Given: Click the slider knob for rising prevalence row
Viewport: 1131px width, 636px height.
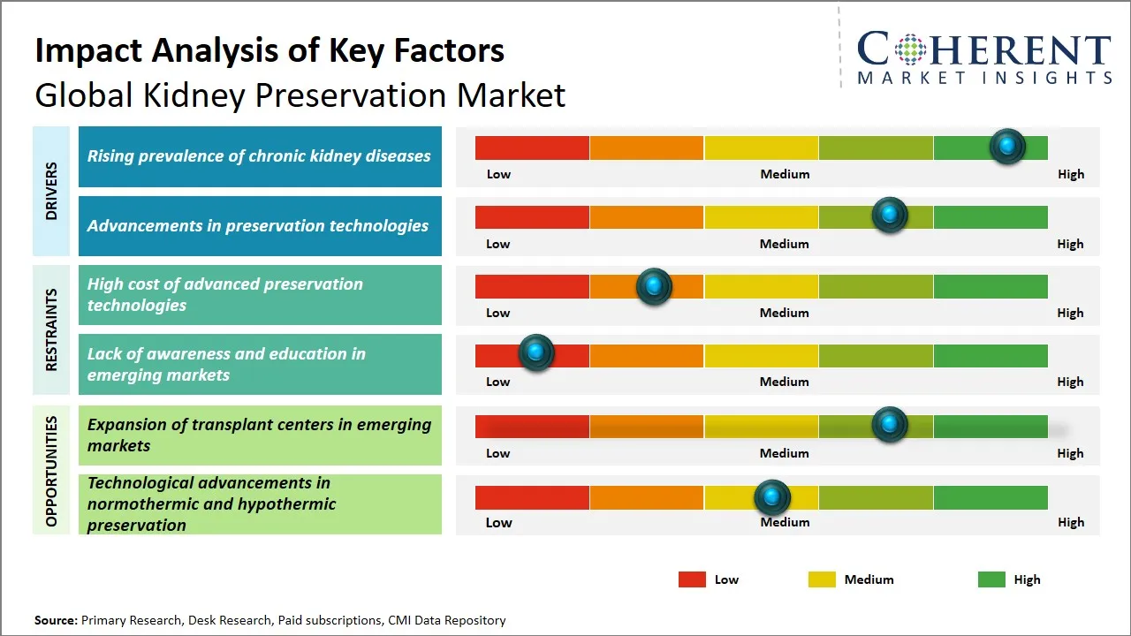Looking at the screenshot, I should point(1007,147).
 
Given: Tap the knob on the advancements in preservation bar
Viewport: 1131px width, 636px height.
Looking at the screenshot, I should point(890,216).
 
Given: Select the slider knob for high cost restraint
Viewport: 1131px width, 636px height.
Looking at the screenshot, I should point(654,286).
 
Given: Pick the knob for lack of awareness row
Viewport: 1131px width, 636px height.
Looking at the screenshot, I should point(535,353).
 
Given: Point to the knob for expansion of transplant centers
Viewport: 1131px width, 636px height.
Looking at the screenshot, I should point(890,425).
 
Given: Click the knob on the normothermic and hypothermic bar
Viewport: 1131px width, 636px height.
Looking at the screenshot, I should point(772,498).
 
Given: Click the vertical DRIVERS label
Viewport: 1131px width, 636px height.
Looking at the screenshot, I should point(51,191).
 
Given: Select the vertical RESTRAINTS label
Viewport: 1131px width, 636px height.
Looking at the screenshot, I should point(51,329).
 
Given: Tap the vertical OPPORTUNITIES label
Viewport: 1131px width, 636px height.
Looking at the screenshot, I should point(51,471).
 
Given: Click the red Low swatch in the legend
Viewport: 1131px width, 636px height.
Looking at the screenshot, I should point(692,579).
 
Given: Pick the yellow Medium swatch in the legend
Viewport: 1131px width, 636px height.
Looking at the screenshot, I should point(822,579).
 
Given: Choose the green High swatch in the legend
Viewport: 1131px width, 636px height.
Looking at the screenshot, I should point(991,579).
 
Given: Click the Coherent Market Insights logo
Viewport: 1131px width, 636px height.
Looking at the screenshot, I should point(983,58).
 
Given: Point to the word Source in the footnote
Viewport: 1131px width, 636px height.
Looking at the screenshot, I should point(55,620).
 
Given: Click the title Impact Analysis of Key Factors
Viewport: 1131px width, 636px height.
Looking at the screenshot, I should point(269,50).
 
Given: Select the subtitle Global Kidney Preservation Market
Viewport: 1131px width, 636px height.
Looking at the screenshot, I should point(300,95).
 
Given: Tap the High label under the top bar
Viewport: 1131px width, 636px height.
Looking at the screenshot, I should point(1071,174).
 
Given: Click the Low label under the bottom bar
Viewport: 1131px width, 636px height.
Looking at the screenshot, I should point(498,522).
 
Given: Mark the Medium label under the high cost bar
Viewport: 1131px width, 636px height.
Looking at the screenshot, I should point(785,313).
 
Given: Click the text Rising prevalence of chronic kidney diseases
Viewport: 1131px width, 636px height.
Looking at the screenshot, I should point(259,156).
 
